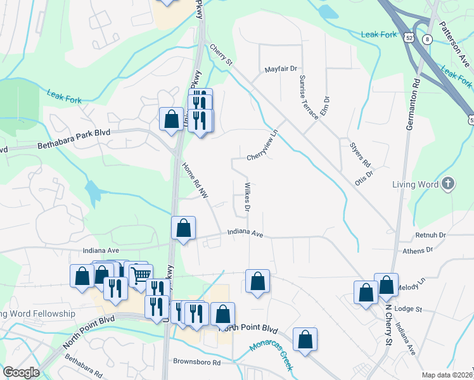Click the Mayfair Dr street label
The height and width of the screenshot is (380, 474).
point(281,68)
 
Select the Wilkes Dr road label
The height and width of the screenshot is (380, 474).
point(248,196)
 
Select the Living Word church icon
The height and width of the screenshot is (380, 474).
point(448,184)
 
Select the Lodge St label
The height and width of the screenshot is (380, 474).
point(407,308)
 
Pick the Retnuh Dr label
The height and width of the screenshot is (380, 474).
point(431,235)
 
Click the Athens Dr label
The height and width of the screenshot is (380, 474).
point(417,250)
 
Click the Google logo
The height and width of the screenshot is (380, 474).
point(22,372)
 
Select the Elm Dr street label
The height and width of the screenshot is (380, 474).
point(326,104)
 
